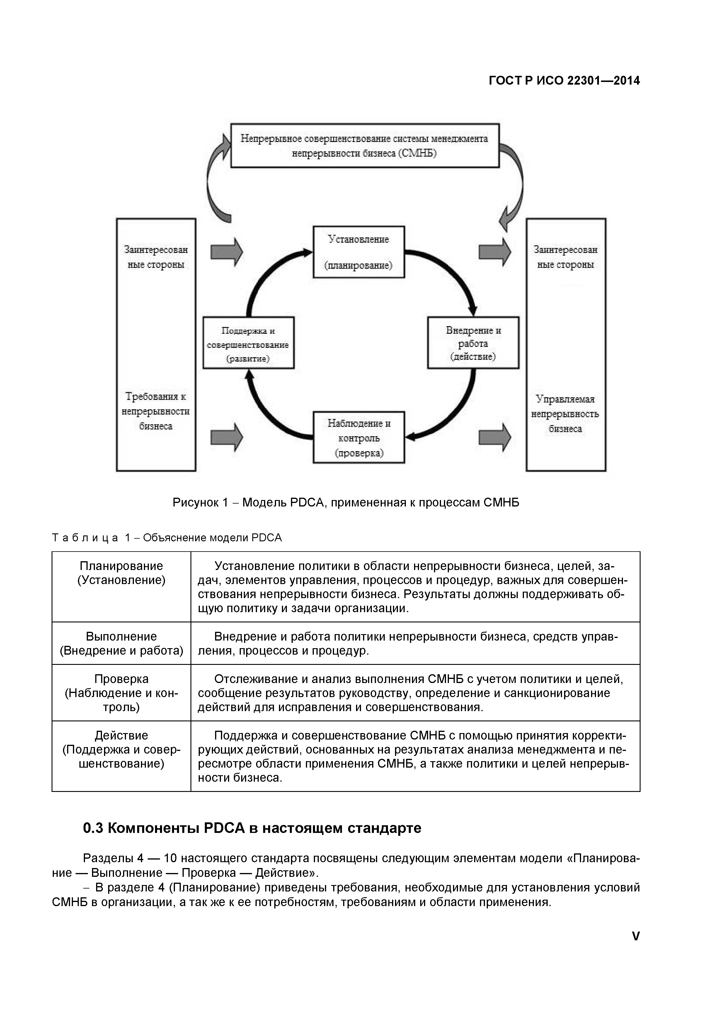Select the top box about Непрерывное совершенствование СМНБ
click(x=365, y=146)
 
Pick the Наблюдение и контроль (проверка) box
click(x=359, y=437)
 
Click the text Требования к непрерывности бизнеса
click(x=156, y=411)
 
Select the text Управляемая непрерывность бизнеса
click(x=565, y=414)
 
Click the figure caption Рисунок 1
click(x=345, y=503)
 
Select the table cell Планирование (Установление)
click(x=121, y=573)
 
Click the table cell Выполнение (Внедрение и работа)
click(x=121, y=643)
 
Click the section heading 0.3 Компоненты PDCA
click(x=252, y=828)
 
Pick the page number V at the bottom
click(x=635, y=936)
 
